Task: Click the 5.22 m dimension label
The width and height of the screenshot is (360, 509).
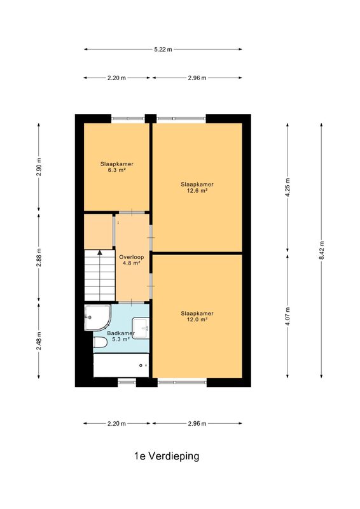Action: pos(163,50)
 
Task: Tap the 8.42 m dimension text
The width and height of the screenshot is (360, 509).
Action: pos(322,250)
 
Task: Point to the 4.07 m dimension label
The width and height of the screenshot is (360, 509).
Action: pos(287,316)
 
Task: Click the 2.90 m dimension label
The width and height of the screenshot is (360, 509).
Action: pos(39,167)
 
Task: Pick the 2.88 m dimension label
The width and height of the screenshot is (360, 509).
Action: pos(39,258)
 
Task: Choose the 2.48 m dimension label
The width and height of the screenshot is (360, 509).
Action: pos(39,341)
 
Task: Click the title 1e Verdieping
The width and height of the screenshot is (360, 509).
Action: pos(167,456)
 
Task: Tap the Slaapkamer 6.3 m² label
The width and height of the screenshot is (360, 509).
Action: pos(117,167)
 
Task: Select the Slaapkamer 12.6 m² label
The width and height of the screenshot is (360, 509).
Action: pos(197,187)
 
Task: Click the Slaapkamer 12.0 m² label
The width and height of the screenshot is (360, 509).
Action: pos(197,316)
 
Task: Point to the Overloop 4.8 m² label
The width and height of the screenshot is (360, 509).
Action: pos(132,260)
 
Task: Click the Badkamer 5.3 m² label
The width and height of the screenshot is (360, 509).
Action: pos(121,337)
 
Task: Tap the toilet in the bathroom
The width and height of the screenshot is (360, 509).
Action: pos(100,343)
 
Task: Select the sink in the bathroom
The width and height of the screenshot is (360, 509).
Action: pos(141,328)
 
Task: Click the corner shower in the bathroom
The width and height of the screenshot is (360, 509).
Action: pos(97,317)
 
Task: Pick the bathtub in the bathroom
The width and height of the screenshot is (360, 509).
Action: pos(121,365)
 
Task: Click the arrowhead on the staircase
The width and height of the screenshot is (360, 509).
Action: pos(100,252)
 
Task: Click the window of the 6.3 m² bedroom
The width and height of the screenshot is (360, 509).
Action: pos(128,118)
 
